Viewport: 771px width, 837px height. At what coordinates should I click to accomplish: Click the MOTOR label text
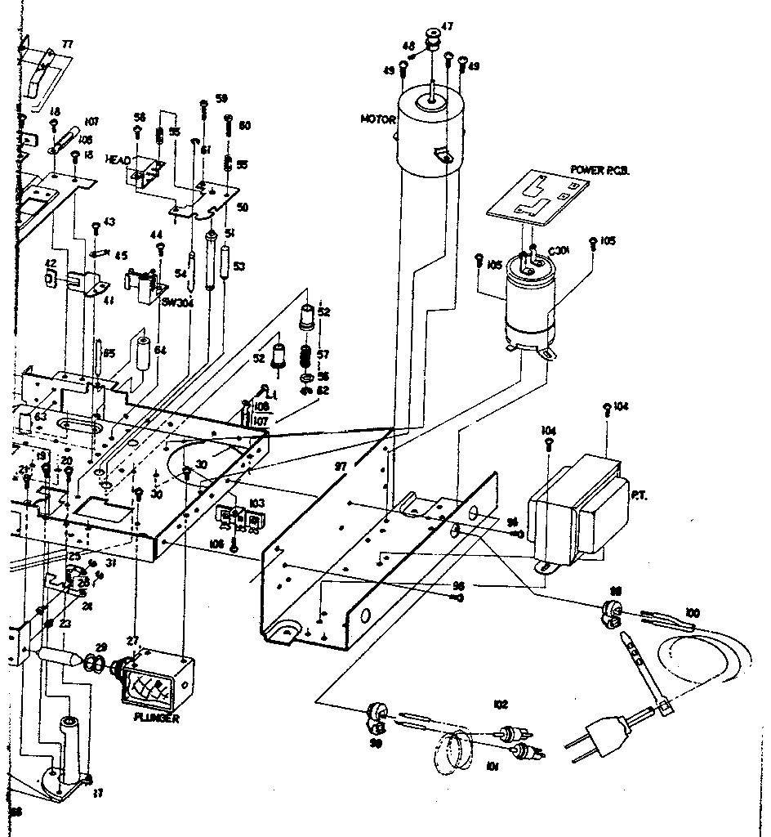pyautogui.click(x=378, y=120)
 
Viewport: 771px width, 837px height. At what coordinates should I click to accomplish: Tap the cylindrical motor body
pyautogui.click(x=430, y=135)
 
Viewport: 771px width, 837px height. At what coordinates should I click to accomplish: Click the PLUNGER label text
pyautogui.click(x=156, y=718)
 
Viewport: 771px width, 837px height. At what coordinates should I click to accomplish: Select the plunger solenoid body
pyautogui.click(x=155, y=678)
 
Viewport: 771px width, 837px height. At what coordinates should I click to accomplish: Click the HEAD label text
pyautogui.click(x=118, y=160)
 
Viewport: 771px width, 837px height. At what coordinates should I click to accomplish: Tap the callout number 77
pyautogui.click(x=66, y=44)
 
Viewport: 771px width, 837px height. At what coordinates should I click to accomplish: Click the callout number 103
pyautogui.click(x=258, y=504)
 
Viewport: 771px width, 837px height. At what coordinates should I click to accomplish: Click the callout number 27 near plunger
pyautogui.click(x=132, y=642)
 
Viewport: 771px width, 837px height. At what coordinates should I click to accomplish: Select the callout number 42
pyautogui.click(x=51, y=263)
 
